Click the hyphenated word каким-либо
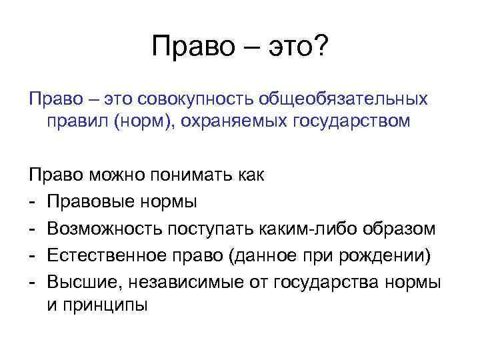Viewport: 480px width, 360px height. coord(311,229)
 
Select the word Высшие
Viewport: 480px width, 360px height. coord(74,283)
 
